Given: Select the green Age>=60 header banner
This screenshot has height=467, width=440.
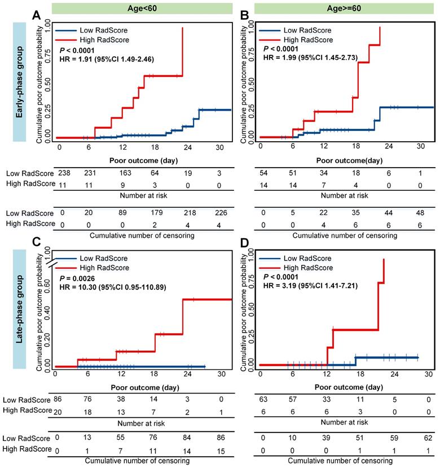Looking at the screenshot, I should (337, 8).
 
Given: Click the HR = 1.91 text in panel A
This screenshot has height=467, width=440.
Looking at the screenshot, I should (107, 58).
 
